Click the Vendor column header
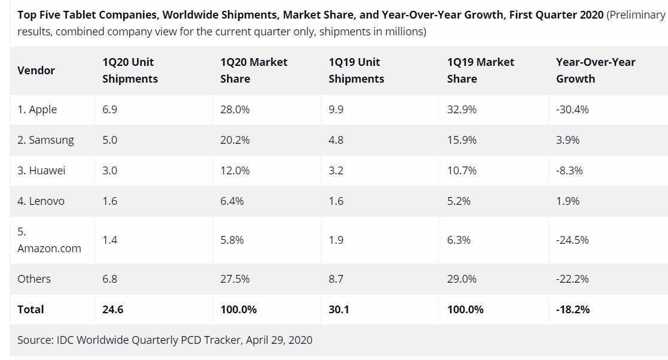coord(36,70)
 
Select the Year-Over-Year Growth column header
coord(596,70)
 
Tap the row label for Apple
coord(37,110)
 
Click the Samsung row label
coord(45,140)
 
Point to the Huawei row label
coord(41,171)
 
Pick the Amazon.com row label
coord(49,248)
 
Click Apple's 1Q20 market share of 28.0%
coord(235,110)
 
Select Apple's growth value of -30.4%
coord(573,110)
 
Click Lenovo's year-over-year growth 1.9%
coord(568,201)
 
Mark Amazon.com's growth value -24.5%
coord(573,240)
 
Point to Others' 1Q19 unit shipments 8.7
coord(336,279)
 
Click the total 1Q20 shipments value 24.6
coord(113,310)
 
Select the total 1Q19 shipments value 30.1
coord(339,310)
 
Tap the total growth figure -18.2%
coord(573,310)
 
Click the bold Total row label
coord(31,310)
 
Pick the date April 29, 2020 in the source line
coord(278,340)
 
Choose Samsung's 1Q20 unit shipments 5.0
coord(110,140)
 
